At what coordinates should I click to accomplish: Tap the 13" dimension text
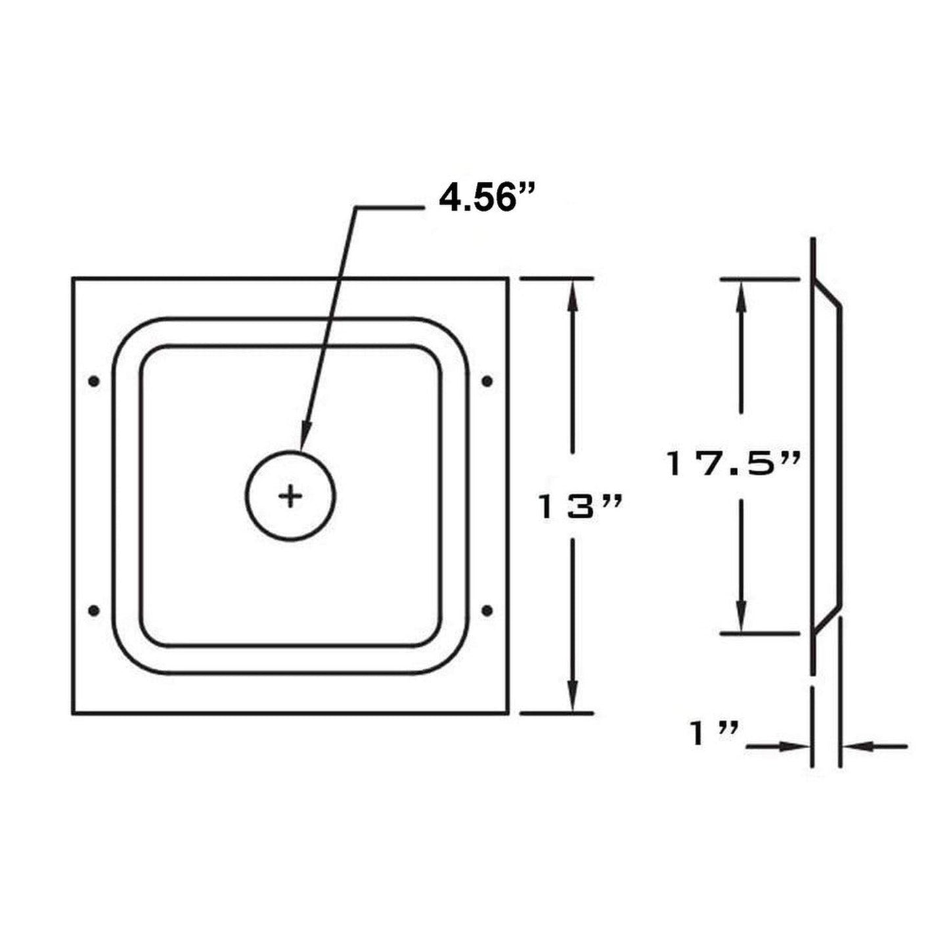pyautogui.click(x=579, y=508)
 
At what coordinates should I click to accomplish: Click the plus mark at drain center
pyautogui.click(x=290, y=495)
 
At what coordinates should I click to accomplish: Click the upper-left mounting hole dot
pyautogui.click(x=94, y=381)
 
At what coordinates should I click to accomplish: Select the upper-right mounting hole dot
pyautogui.click(x=487, y=381)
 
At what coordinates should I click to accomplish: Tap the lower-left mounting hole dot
pyautogui.click(x=94, y=611)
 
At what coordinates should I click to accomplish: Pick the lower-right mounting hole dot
pyautogui.click(x=487, y=611)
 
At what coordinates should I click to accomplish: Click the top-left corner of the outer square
pyautogui.click(x=73, y=279)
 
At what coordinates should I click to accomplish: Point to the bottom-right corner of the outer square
pyautogui.click(x=508, y=713)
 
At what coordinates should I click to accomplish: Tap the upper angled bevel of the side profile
pyautogui.click(x=828, y=294)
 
